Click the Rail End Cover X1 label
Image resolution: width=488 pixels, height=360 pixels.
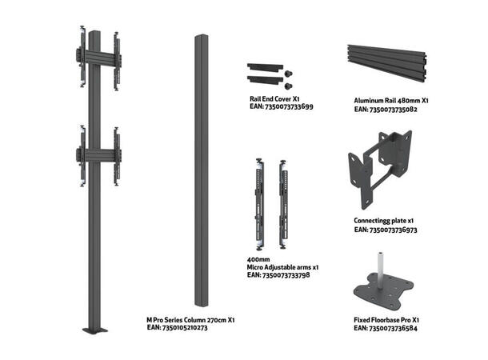pos(274,98)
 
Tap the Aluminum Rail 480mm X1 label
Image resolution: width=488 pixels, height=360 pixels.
pos(392,102)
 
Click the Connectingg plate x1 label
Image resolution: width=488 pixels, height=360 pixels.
pos(383,220)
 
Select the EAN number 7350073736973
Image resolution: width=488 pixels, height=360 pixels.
pos(386,229)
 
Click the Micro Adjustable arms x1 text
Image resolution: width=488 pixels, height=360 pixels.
pos(282,266)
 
